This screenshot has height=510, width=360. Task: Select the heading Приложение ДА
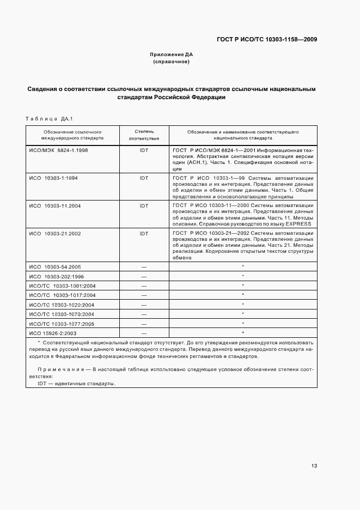pyautogui.click(x=171, y=54)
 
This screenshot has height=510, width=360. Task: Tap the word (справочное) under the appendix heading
pyautogui.click(x=171, y=62)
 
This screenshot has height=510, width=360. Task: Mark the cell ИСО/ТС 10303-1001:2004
pyautogui.click(x=62, y=286)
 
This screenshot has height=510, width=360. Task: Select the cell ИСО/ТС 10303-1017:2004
pyautogui.click(x=62, y=295)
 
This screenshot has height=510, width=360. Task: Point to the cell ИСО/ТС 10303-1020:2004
pyautogui.click(x=62, y=304)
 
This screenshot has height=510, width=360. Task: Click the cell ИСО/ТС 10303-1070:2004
pyautogui.click(x=62, y=314)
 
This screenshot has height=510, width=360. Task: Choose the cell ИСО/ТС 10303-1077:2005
pyautogui.click(x=62, y=323)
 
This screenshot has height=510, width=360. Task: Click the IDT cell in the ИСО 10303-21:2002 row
pyautogui.click(x=144, y=233)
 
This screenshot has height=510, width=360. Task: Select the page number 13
pyautogui.click(x=315, y=466)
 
